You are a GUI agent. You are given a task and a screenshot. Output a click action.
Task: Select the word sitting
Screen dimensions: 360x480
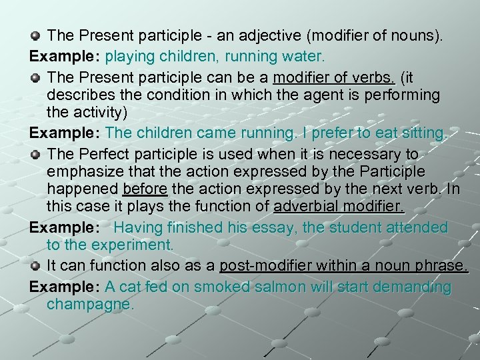420,133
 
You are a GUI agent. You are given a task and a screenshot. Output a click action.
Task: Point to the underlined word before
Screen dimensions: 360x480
145,190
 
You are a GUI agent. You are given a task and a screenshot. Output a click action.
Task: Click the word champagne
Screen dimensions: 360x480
91,305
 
